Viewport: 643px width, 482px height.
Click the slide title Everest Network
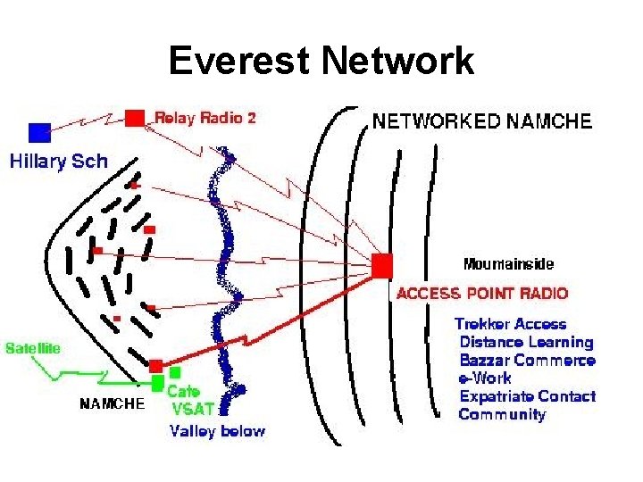click(x=321, y=62)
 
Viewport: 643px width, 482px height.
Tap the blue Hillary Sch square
click(x=39, y=132)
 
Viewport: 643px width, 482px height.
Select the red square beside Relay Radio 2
click(x=135, y=117)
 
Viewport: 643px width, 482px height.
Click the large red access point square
click(x=381, y=265)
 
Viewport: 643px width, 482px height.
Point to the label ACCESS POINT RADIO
click(x=481, y=293)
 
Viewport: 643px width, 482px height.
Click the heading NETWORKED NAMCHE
click(x=481, y=121)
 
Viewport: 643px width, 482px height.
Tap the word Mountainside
click(x=508, y=264)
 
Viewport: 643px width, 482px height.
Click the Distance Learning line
click(x=526, y=342)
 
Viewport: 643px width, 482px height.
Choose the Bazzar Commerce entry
click(x=527, y=361)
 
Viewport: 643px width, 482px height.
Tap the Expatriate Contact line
click(x=527, y=396)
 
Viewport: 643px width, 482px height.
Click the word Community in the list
click(x=502, y=414)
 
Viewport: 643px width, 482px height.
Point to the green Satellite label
click(x=33, y=348)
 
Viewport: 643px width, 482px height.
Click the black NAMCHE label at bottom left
click(x=112, y=403)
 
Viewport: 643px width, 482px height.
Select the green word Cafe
click(x=184, y=391)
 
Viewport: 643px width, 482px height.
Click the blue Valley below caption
click(x=217, y=431)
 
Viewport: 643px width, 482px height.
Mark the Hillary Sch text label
click(x=58, y=162)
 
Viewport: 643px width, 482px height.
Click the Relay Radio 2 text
click(x=205, y=117)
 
